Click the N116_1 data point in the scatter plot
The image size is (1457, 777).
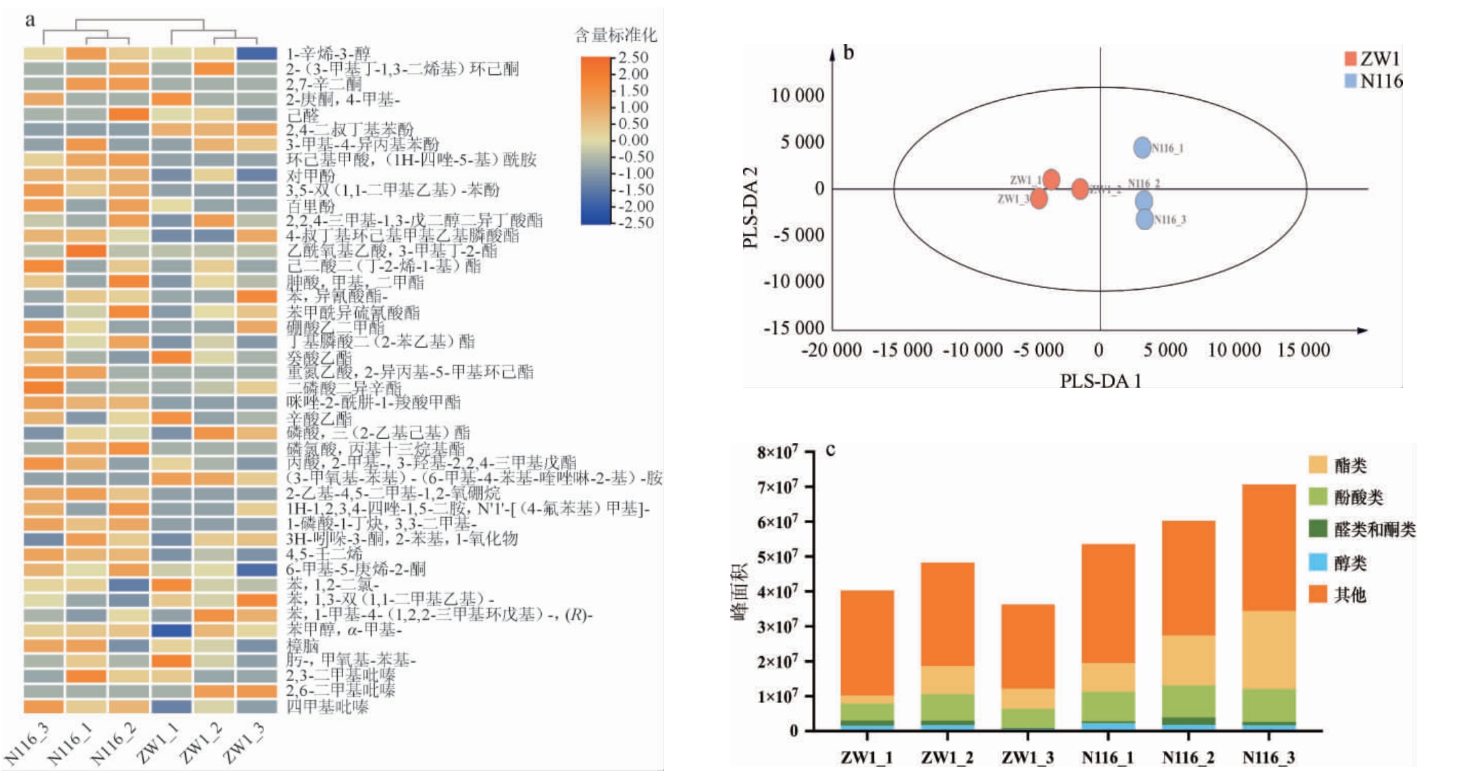[x=1142, y=147]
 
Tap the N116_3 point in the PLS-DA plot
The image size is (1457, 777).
[x=1144, y=219]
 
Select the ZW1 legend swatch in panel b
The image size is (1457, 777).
[x=1350, y=59]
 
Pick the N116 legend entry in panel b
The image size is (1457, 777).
[x=1373, y=81]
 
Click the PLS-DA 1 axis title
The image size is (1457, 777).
[x=1100, y=381]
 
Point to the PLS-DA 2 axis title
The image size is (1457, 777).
[x=750, y=207]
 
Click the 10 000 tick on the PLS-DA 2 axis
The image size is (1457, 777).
[x=797, y=95]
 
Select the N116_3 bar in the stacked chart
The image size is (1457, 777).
[x=1269, y=608]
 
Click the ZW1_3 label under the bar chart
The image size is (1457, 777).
[x=1027, y=757]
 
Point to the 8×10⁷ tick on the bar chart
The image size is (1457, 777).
[x=777, y=452]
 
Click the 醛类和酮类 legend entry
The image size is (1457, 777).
[x=1362, y=529]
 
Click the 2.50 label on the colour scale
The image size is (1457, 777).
[x=633, y=57]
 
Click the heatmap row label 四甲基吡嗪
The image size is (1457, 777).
[x=327, y=707]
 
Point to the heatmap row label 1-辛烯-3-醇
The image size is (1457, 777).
[x=328, y=53]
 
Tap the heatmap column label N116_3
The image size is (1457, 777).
[x=27, y=743]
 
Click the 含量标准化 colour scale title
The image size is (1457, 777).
[x=615, y=34]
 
